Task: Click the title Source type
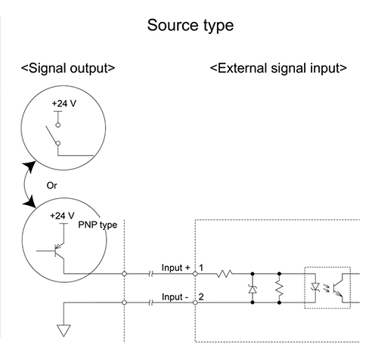click(x=191, y=26)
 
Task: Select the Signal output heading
click(x=68, y=68)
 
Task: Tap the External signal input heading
click(x=278, y=68)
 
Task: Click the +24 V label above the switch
click(x=64, y=104)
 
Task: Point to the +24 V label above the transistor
click(x=62, y=216)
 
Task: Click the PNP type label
click(x=98, y=225)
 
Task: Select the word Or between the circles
click(x=51, y=185)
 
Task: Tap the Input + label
click(x=175, y=268)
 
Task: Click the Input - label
click(x=175, y=297)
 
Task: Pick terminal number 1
click(x=201, y=268)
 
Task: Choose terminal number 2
click(x=201, y=296)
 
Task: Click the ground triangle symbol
click(x=64, y=331)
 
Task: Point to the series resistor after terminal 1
click(x=225, y=274)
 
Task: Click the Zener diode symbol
click(x=253, y=289)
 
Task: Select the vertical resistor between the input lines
click(x=279, y=288)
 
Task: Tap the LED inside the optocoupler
click(x=315, y=287)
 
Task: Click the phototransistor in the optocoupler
click(x=338, y=287)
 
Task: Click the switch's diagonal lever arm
click(x=51, y=135)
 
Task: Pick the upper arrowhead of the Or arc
click(x=29, y=166)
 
